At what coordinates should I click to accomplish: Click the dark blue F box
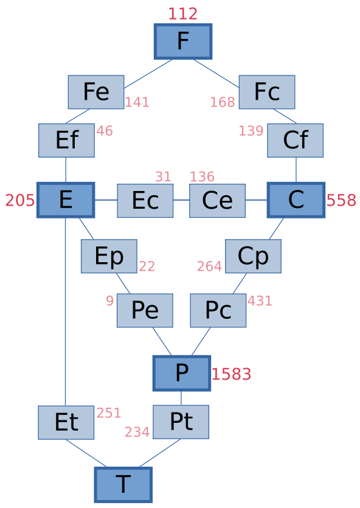click(x=183, y=41)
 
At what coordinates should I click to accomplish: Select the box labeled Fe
click(x=96, y=92)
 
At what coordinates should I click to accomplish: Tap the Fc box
click(x=267, y=92)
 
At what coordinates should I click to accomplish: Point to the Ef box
click(x=66, y=141)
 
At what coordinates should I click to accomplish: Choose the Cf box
click(x=296, y=141)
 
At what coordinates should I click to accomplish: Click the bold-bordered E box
click(x=66, y=200)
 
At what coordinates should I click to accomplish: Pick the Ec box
click(x=145, y=201)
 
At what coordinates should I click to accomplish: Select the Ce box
click(x=217, y=201)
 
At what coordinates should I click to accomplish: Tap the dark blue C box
click(x=296, y=200)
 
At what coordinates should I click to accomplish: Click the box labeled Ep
click(x=109, y=256)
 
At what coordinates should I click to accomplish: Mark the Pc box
click(x=218, y=310)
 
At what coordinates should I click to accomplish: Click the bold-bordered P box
click(x=182, y=373)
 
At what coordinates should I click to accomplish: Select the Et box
click(x=66, y=422)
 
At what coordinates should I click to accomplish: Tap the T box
click(x=123, y=485)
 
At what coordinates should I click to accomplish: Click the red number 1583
click(x=232, y=374)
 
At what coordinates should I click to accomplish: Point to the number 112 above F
click(x=183, y=14)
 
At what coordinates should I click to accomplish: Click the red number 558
click(x=341, y=200)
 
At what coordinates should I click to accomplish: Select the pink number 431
click(x=260, y=301)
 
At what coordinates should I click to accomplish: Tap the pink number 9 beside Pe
click(x=109, y=301)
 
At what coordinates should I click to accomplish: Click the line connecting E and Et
click(x=66, y=311)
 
